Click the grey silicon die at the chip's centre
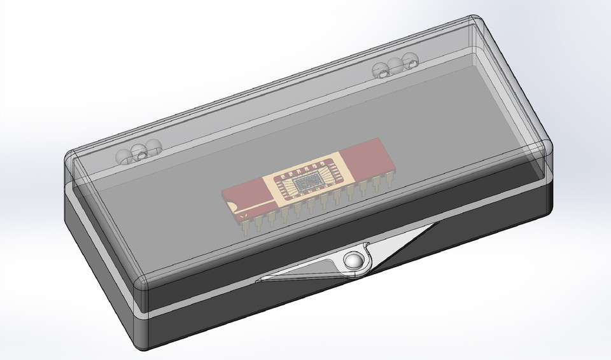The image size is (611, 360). tap(306, 184)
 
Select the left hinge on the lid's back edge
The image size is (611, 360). tap(137, 153)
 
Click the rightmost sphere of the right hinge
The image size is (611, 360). tap(411, 62)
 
